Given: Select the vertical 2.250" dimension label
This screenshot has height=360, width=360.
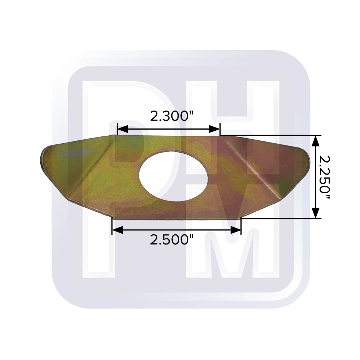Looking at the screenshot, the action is coord(325,177).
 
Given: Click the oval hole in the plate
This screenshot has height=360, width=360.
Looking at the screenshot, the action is coord(174,176).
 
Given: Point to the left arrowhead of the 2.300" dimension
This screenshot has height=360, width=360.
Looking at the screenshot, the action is coord(123,129).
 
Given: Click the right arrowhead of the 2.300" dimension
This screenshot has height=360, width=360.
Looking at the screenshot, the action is coord(215,129).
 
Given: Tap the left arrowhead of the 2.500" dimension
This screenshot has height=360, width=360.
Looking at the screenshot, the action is coord(117,230).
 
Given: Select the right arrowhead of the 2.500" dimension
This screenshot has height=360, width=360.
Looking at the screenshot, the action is coord(235,230).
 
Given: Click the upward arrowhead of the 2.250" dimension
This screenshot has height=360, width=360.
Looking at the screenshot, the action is coord(316,141).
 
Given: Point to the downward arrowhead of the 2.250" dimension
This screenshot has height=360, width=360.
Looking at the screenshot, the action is coord(316,213).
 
